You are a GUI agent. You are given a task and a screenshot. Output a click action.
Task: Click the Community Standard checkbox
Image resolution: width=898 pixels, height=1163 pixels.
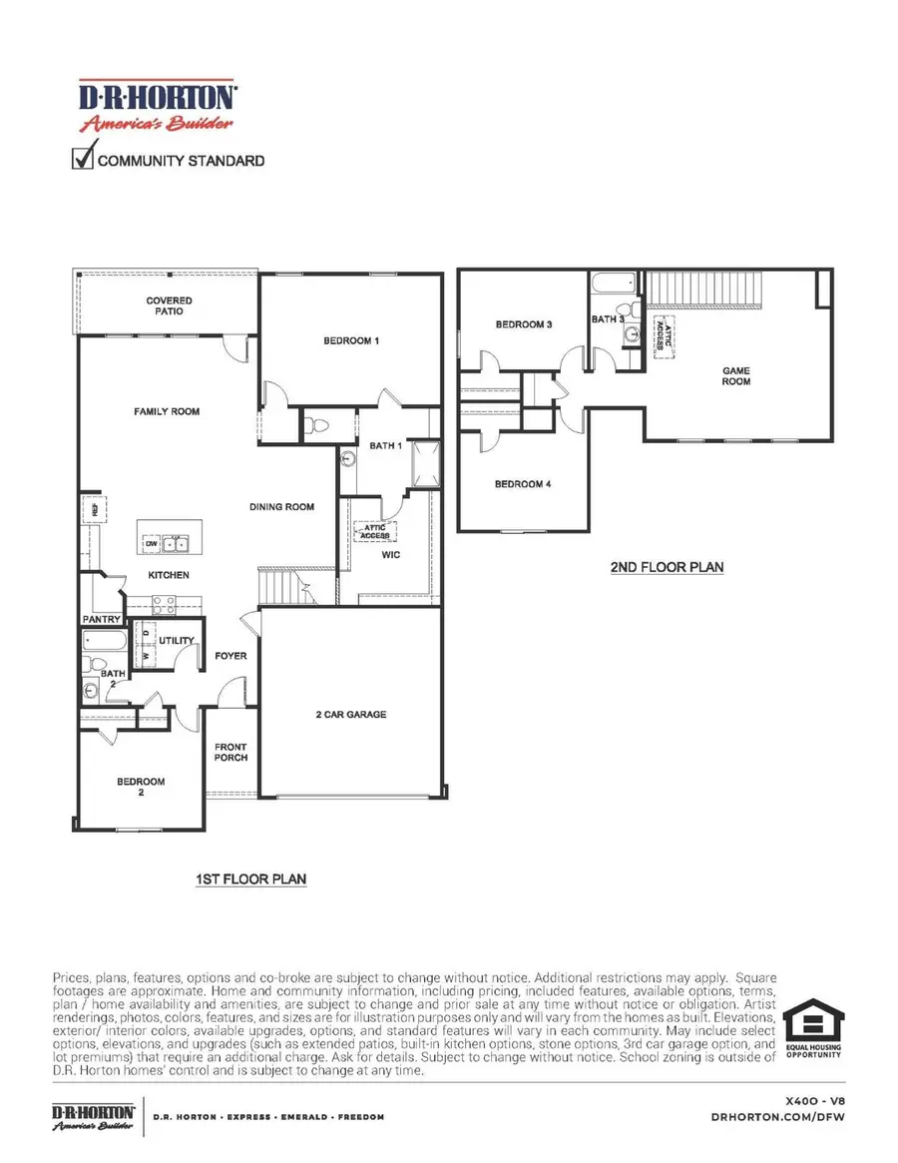coord(82,158)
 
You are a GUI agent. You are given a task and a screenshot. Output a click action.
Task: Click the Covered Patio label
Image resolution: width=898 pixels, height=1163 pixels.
coord(169,305)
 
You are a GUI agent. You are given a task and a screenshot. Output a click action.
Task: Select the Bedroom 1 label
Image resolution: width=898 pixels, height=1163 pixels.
coord(351,340)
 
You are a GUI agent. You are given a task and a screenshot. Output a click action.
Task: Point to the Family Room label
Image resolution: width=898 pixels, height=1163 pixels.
coord(168,411)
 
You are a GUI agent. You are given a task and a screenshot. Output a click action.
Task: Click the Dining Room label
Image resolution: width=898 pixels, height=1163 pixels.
coord(281,507)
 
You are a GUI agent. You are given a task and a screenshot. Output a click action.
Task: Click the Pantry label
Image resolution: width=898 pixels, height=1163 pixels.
coord(102,619)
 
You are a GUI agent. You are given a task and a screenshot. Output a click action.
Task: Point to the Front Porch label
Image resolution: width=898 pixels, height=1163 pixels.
coord(230,752)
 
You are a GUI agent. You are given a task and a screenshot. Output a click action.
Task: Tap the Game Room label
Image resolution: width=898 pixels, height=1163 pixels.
coord(736,375)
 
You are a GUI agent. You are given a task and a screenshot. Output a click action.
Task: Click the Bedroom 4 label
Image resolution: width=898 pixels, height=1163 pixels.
coord(524,484)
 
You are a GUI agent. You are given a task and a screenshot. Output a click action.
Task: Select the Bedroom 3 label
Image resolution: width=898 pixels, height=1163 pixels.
coord(524,324)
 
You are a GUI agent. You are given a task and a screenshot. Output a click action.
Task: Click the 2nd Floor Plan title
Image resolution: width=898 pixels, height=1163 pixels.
coord(667,567)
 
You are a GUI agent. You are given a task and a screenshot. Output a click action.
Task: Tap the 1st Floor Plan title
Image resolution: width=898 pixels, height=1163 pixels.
coord(250,879)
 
